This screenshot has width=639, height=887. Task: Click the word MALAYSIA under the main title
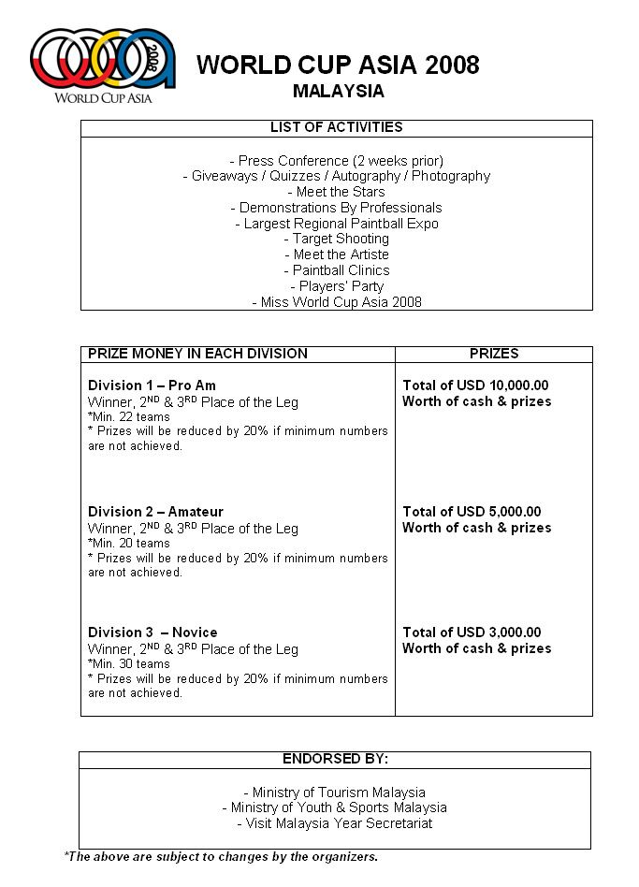click(338, 91)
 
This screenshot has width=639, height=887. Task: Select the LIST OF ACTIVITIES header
click(337, 127)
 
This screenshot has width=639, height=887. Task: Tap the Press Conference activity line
click(337, 160)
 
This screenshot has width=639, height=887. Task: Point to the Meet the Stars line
click(337, 192)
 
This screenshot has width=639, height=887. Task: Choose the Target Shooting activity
click(337, 239)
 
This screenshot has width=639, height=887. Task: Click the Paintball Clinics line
click(337, 270)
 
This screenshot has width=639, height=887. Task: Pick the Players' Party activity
click(337, 286)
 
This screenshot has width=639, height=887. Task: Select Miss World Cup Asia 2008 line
click(337, 302)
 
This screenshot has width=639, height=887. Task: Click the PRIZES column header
click(493, 354)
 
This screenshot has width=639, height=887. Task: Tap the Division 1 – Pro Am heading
click(152, 385)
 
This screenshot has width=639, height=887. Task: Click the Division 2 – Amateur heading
click(155, 512)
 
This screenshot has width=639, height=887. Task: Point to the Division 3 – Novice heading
click(152, 633)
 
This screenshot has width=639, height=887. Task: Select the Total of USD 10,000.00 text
click(475, 385)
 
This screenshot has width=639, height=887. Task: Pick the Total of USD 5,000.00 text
click(472, 512)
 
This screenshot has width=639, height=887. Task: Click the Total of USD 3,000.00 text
click(472, 633)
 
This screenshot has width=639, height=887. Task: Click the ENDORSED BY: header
click(335, 759)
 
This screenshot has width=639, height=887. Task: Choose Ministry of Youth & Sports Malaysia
click(335, 807)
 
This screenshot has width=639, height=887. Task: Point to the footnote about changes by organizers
click(221, 856)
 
